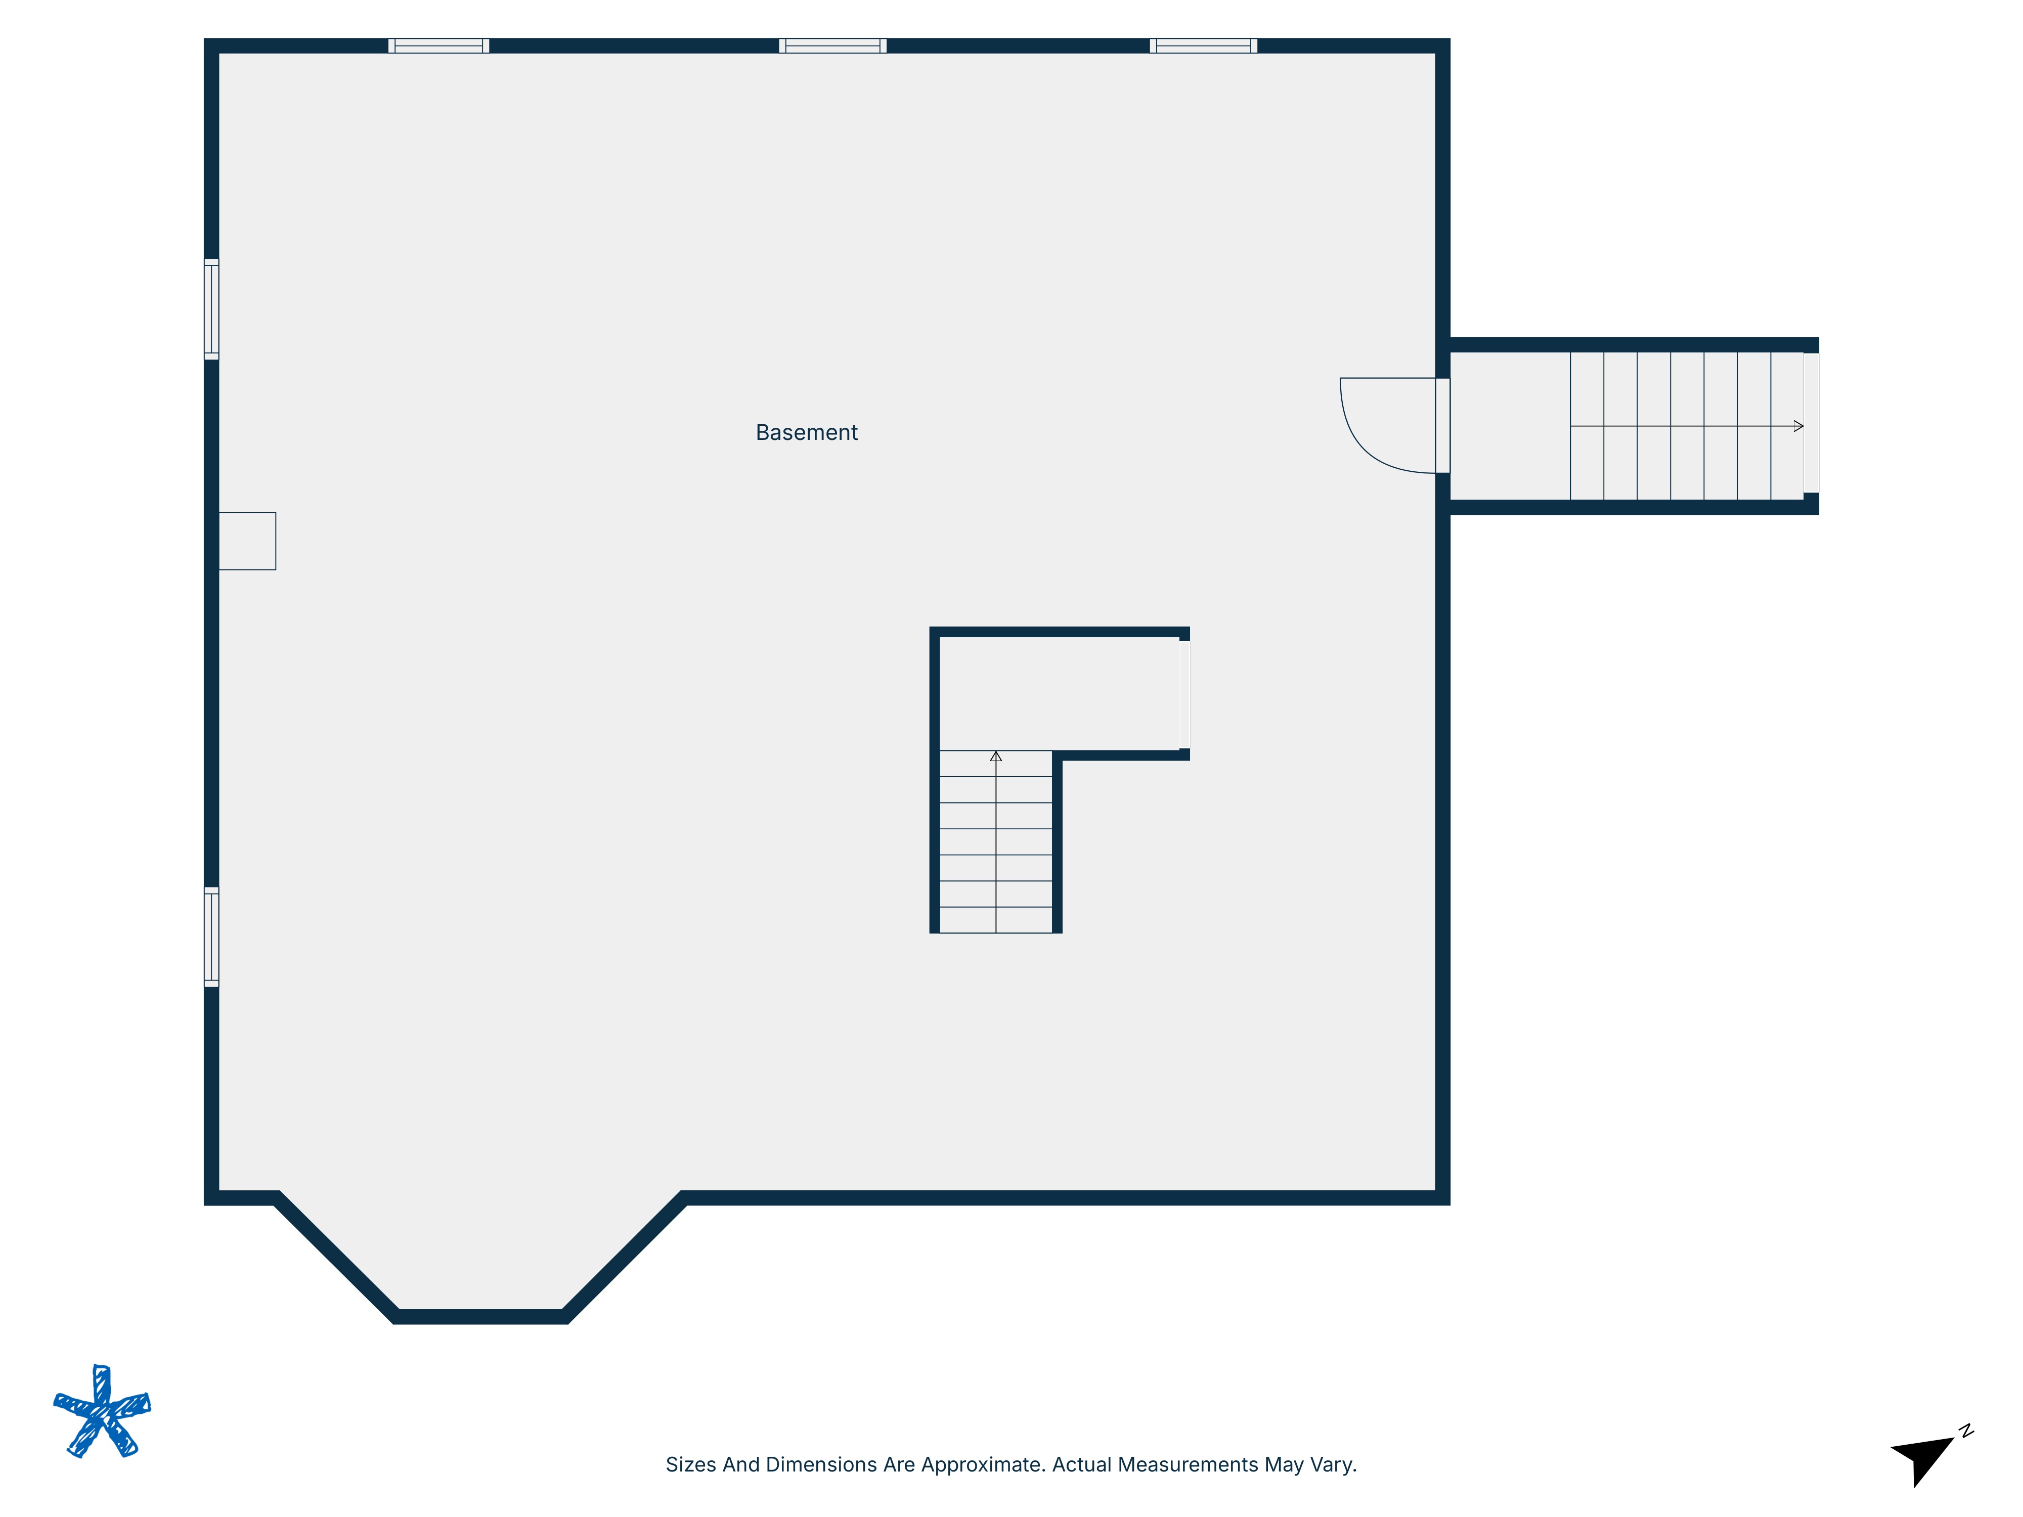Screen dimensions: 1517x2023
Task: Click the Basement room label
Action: pyautogui.click(x=806, y=432)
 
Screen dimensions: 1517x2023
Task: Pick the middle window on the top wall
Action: pyautogui.click(x=832, y=46)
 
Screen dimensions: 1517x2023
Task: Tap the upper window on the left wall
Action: pyautogui.click(x=211, y=309)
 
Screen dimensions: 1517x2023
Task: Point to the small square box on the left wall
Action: pyautogui.click(x=247, y=542)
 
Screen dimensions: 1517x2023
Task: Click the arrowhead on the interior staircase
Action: pyautogui.click(x=996, y=756)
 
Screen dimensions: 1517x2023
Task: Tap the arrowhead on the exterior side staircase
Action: pyautogui.click(x=1798, y=426)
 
